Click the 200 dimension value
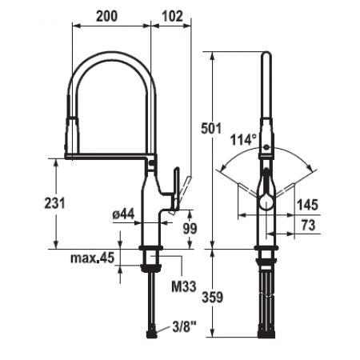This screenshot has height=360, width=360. (106, 16)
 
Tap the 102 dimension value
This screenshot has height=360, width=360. (173, 16)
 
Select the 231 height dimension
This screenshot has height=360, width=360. (54, 203)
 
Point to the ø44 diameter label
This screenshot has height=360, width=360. (123, 214)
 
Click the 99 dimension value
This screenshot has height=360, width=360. (190, 228)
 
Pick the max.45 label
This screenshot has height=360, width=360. (92, 258)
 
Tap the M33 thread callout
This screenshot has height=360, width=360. (184, 286)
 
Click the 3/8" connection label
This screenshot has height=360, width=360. (185, 327)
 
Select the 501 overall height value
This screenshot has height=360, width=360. (211, 128)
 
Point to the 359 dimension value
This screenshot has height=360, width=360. (212, 297)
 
